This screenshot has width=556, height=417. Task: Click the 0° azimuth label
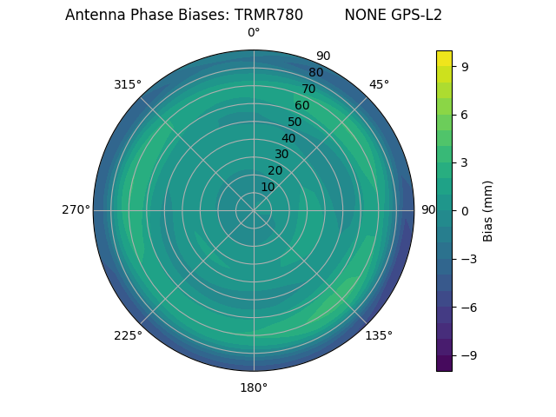(x=254, y=33)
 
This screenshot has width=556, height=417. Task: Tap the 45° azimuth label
(x=379, y=84)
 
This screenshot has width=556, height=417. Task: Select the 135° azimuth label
(x=379, y=335)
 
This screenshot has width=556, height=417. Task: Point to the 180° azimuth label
(x=254, y=387)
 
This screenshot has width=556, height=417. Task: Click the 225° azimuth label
(x=128, y=335)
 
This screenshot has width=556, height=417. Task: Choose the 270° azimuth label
(x=76, y=210)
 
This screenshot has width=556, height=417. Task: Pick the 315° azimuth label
(x=128, y=84)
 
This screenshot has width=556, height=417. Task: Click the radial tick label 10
(x=268, y=187)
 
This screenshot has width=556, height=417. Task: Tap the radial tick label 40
(x=288, y=138)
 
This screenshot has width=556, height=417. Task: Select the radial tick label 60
(x=302, y=105)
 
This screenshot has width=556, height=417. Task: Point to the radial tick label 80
(x=316, y=72)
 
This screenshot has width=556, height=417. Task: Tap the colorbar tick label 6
(x=464, y=114)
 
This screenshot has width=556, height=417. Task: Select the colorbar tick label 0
(x=464, y=210)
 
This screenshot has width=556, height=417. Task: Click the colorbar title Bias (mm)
(x=489, y=210)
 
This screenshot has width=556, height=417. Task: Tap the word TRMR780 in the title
(x=268, y=15)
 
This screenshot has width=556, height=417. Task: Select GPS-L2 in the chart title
(x=415, y=15)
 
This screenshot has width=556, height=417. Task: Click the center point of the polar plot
(x=254, y=210)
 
